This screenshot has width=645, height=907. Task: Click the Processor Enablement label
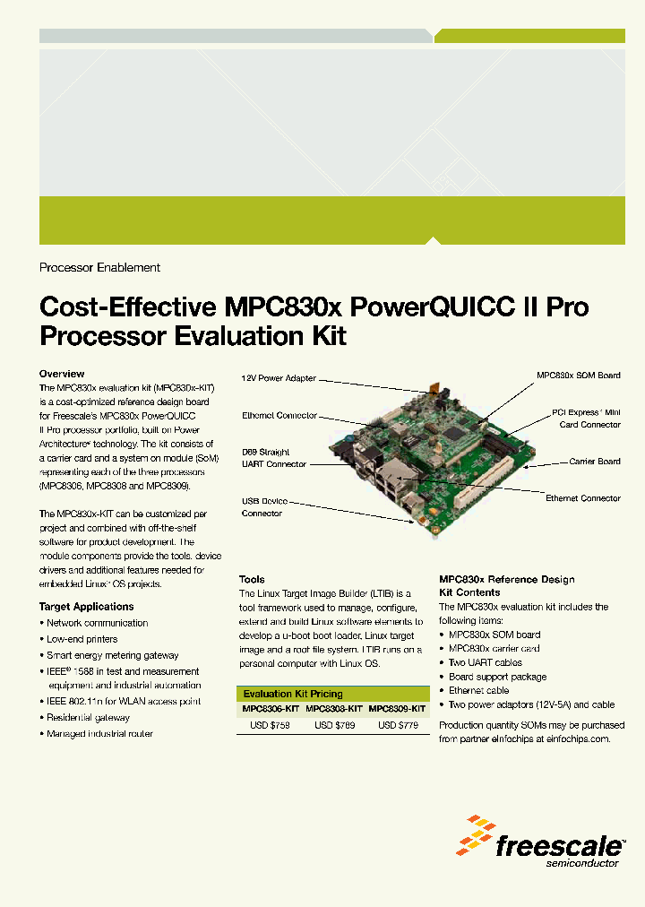(99, 267)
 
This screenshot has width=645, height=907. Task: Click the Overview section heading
(62, 374)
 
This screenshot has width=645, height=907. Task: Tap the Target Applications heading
(86, 607)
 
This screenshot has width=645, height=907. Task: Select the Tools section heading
(252, 579)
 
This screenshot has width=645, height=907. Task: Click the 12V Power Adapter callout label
(279, 378)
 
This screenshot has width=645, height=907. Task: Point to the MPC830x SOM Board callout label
(578, 376)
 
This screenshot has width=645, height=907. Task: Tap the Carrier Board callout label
(595, 462)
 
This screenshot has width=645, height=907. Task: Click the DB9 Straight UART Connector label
(273, 457)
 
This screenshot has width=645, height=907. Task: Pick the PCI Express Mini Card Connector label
(586, 419)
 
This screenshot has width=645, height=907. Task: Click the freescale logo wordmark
(560, 845)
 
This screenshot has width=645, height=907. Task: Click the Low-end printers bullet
(82, 639)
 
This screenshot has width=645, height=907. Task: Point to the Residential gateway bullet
(88, 717)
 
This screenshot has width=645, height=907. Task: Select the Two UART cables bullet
(485, 662)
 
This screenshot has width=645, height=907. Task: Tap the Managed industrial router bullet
(99, 733)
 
